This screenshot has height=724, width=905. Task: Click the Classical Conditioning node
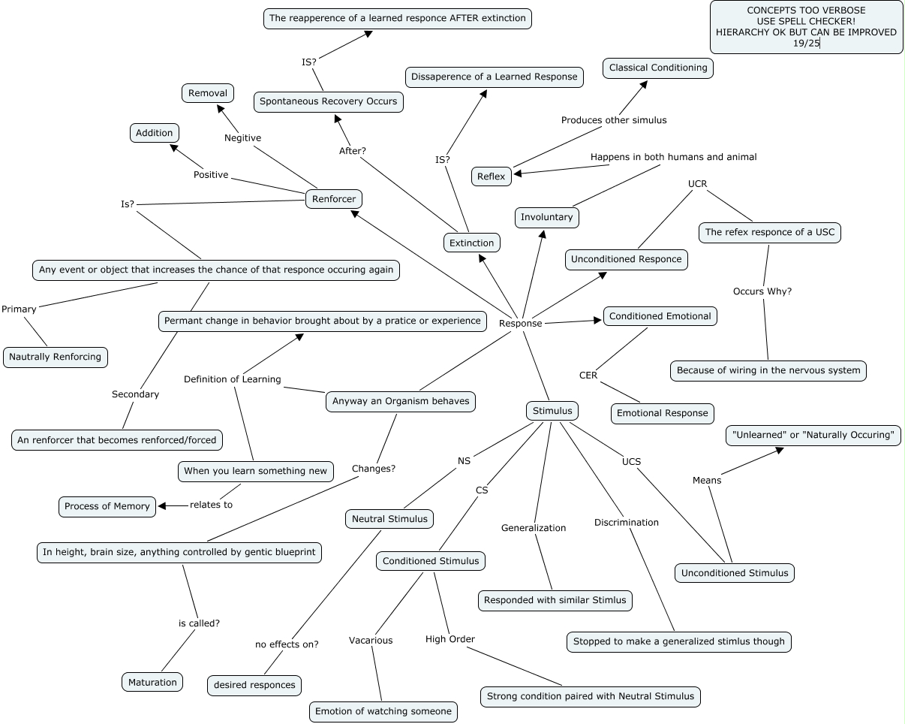(x=658, y=68)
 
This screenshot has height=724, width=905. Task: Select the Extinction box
(x=471, y=243)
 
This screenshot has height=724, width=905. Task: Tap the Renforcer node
(x=334, y=199)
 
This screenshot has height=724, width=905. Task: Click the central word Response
(x=520, y=323)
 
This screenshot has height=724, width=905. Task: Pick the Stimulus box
(x=552, y=411)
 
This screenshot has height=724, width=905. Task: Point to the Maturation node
(x=152, y=682)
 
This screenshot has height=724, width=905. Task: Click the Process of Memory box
(x=107, y=506)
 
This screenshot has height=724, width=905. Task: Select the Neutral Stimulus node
(x=389, y=518)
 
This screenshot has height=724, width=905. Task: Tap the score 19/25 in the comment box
(x=806, y=44)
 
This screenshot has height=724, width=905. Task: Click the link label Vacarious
(x=371, y=640)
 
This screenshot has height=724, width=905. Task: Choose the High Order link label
(x=450, y=639)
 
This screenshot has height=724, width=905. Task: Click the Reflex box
(x=492, y=176)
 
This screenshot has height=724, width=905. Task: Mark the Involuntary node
(x=547, y=217)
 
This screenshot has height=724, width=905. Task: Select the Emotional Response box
(x=662, y=412)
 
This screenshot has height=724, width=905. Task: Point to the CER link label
(x=588, y=375)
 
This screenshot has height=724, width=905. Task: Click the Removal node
(x=208, y=93)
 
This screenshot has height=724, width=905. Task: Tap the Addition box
(x=155, y=133)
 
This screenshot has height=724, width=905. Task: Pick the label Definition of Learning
(x=232, y=379)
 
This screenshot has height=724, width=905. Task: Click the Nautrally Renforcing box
(x=56, y=357)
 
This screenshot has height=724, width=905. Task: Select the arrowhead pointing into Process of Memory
(x=162, y=505)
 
